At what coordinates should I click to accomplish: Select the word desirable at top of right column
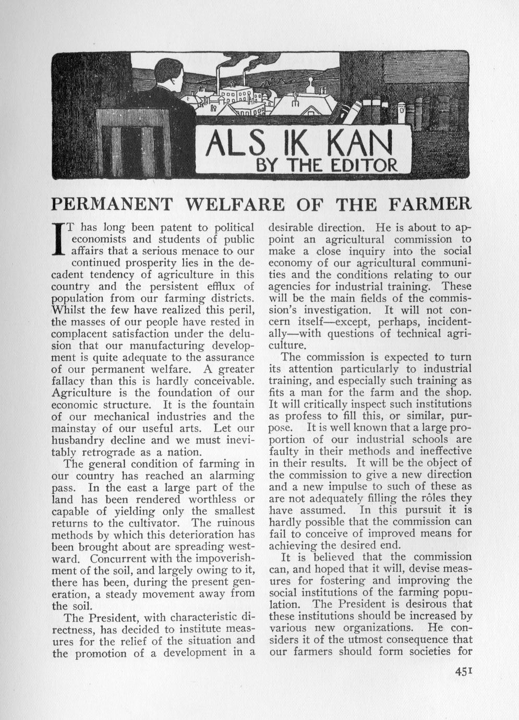click(x=294, y=228)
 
